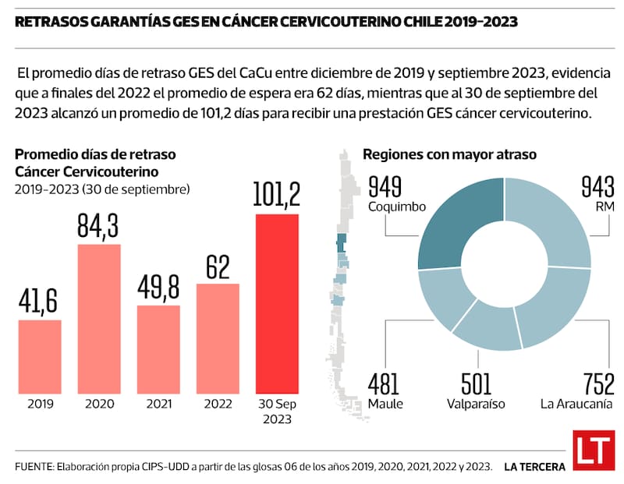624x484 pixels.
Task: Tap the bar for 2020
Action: pos(99,318)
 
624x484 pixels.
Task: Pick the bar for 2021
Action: pos(158,348)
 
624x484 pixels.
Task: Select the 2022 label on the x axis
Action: pos(218,405)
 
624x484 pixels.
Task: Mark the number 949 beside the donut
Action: pos(385,188)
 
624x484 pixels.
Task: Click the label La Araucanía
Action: pos(576,404)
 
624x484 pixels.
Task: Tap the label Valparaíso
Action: pos(477,404)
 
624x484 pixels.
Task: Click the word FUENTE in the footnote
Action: pos(31,466)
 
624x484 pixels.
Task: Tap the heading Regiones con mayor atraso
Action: pos(449,154)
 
